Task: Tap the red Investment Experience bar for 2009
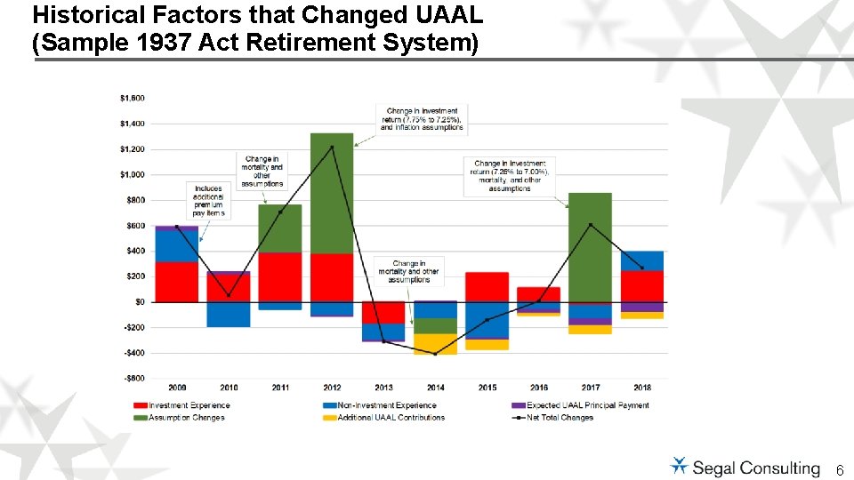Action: click(176, 282)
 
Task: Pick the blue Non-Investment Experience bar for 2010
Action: click(228, 314)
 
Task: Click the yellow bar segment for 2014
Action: click(435, 344)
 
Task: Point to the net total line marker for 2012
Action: click(332, 147)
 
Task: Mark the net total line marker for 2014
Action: click(435, 354)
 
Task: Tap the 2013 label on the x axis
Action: click(383, 388)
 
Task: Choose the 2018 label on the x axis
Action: click(641, 388)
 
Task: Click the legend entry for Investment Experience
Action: click(188, 405)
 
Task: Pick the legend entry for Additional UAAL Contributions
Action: click(391, 417)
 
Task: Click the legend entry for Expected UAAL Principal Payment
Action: click(586, 405)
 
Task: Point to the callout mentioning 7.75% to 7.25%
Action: click(422, 119)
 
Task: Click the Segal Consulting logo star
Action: click(680, 466)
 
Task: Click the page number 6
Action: click(840, 468)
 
